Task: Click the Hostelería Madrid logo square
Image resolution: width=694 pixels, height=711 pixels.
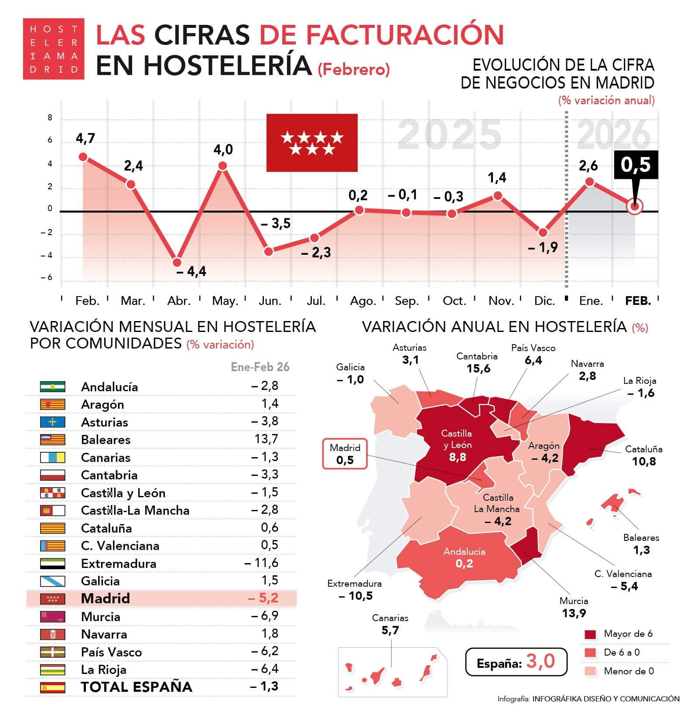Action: click(53, 49)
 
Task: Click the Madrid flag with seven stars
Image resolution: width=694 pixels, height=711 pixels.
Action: click(312, 143)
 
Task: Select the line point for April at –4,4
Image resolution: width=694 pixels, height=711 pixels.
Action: click(177, 262)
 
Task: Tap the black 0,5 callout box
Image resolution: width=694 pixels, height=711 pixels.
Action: click(636, 164)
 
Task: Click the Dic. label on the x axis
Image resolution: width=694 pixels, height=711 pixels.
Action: click(544, 301)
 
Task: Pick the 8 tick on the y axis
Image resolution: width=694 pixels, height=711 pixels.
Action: click(50, 117)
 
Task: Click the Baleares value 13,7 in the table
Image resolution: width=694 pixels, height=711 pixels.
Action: click(266, 439)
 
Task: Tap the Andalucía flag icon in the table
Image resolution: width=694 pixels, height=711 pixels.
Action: click(53, 386)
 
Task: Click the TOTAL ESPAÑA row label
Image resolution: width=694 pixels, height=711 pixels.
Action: click(137, 687)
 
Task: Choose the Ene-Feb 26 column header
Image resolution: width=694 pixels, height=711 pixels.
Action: click(260, 367)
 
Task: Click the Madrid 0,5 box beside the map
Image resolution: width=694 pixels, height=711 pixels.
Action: click(345, 454)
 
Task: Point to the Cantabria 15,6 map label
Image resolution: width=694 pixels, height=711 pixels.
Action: click(478, 363)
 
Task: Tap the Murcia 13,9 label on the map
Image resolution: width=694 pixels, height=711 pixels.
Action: click(574, 607)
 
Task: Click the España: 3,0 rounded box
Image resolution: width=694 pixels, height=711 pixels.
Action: click(516, 662)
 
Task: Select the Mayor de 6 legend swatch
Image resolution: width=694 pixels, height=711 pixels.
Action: click(590, 634)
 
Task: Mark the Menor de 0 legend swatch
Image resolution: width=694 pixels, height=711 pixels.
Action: click(590, 671)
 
